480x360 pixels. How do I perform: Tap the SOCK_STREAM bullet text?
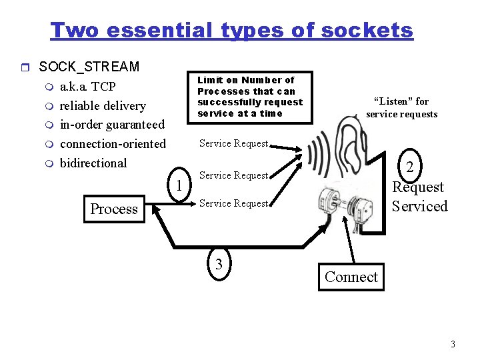coord(89,67)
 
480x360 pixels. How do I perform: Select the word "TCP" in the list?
coord(103,87)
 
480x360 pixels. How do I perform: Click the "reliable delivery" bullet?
coord(103,105)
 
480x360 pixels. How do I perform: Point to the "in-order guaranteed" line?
coord(112,125)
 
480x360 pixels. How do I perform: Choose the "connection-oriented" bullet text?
coord(113,143)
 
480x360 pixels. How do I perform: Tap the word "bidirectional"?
coord(93,163)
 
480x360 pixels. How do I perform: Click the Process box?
coord(114,209)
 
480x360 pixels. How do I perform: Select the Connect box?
coord(351,277)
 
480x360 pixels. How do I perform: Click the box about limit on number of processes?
coord(250,97)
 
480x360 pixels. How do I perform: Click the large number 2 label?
coord(411,167)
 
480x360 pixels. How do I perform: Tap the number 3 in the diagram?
coord(219,263)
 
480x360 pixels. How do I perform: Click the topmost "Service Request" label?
coord(233,143)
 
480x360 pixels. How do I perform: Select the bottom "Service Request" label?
coord(233,203)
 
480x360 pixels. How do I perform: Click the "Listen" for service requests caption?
coord(401,107)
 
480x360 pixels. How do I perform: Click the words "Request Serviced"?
coord(419,197)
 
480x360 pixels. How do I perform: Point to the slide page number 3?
coord(453,345)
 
